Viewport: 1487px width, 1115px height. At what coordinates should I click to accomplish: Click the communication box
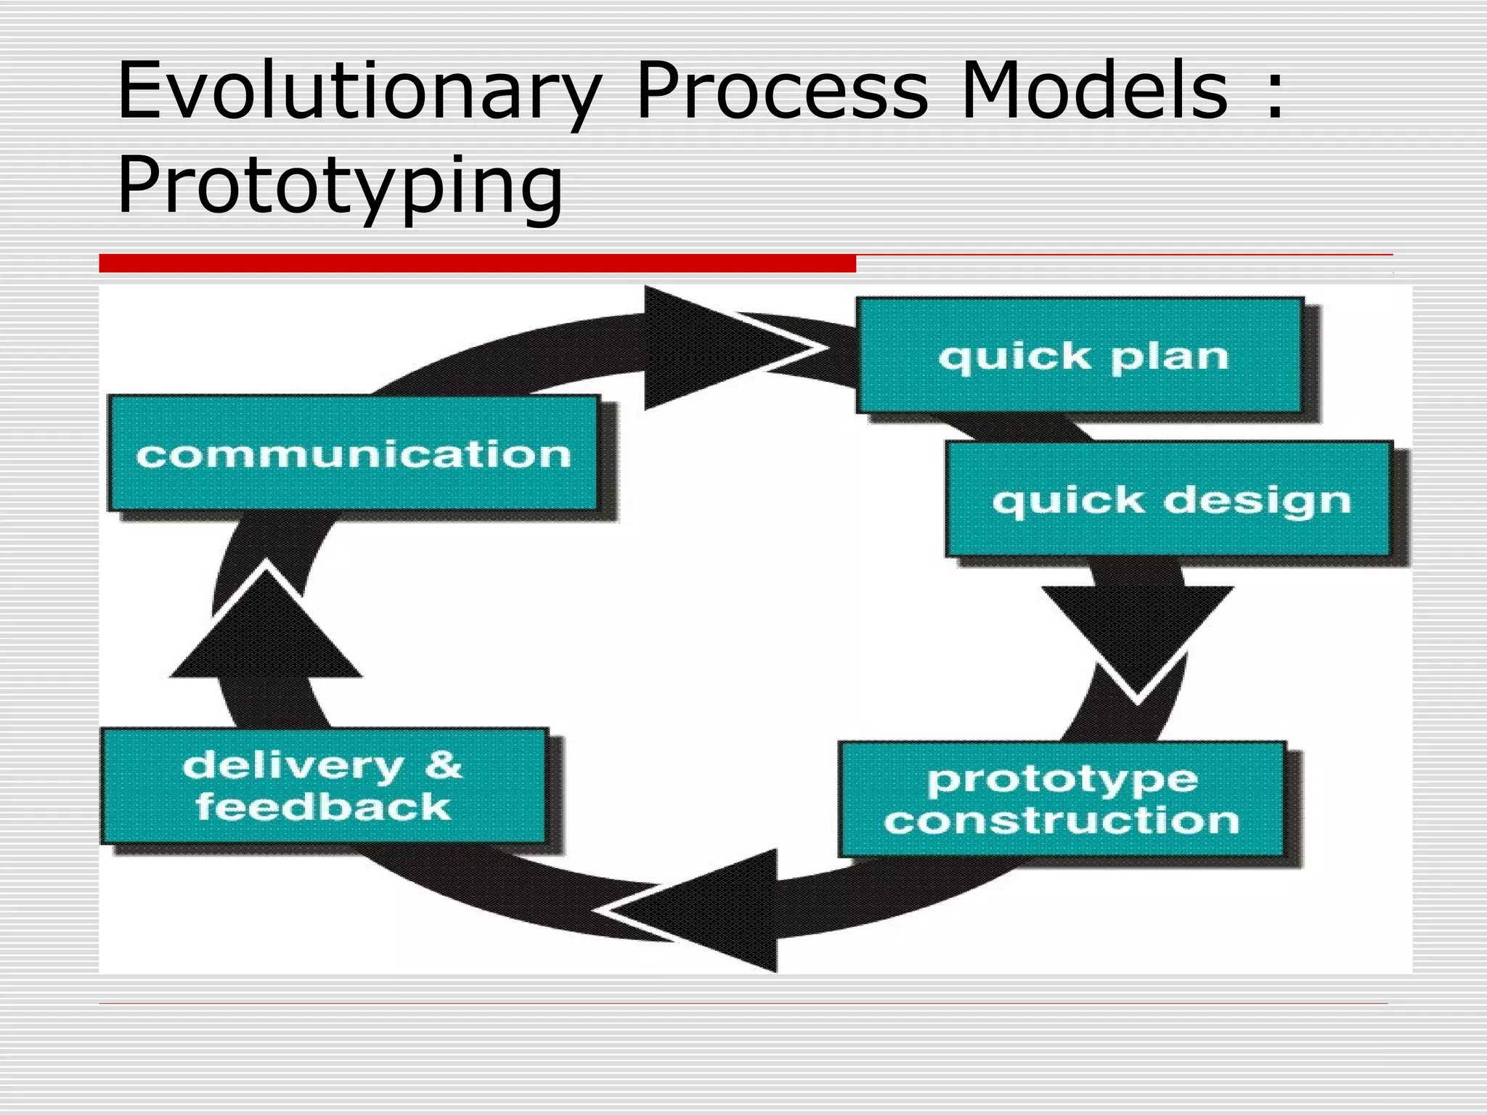pyautogui.click(x=353, y=454)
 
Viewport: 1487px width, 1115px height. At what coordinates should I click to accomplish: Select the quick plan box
pyautogui.click(x=1080, y=356)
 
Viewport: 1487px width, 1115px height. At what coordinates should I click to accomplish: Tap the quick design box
pyautogui.click(x=1169, y=499)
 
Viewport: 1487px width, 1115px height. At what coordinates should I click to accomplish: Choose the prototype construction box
pyautogui.click(x=1062, y=799)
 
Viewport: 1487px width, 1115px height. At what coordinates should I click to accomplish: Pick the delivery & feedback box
pyautogui.click(x=324, y=786)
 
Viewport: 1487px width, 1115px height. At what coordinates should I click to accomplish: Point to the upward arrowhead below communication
pyautogui.click(x=266, y=628)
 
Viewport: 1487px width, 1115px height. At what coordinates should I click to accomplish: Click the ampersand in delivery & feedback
pyautogui.click(x=442, y=764)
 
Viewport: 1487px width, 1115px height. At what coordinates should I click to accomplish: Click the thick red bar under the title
pyautogui.click(x=477, y=263)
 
